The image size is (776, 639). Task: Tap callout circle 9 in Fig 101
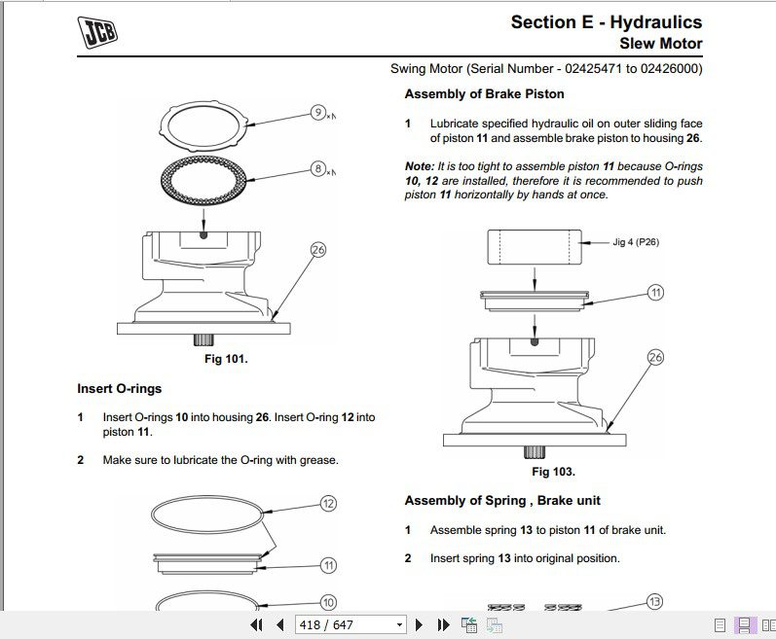point(318,113)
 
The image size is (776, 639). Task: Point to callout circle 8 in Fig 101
point(318,169)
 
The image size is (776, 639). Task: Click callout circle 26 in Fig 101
point(317,250)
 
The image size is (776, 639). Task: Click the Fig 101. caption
point(226,359)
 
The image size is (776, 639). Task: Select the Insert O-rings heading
point(120,389)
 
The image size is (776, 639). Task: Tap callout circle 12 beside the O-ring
point(328,504)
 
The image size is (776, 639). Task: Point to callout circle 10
point(328,603)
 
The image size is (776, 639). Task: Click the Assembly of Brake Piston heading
point(484,94)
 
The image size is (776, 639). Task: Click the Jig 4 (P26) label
point(636,242)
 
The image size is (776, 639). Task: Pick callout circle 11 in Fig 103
point(655,292)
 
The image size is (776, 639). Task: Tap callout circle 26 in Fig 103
point(655,358)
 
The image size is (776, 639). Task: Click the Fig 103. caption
point(553,472)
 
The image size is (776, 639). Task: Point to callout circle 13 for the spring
point(654,602)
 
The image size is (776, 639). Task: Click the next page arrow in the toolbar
point(420,624)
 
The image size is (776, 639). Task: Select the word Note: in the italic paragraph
point(420,166)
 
